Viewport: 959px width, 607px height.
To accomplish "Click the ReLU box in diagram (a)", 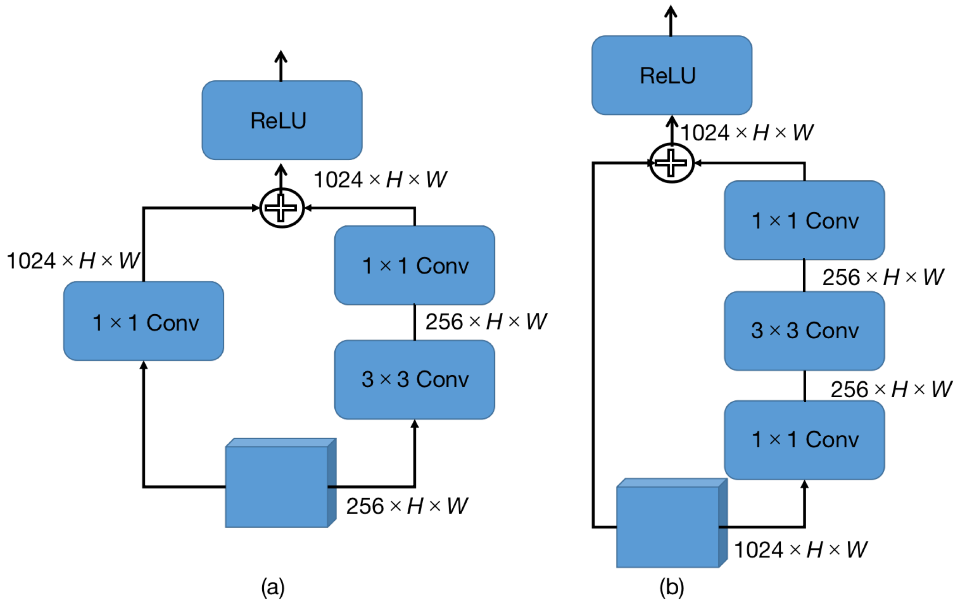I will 282,120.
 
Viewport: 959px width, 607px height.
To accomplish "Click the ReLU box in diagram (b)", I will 671,75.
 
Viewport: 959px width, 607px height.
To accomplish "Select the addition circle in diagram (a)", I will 282,208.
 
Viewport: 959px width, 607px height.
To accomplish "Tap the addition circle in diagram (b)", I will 671,163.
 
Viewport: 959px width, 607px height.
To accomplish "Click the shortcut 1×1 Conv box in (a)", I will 143,321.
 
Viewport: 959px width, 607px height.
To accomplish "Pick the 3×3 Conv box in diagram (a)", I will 414,380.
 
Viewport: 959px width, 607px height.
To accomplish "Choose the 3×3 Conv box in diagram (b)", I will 804,331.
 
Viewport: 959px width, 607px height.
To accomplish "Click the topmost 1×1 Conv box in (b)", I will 804,221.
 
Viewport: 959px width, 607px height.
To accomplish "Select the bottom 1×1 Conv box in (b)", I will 804,439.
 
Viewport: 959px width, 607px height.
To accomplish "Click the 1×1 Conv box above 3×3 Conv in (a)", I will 414,266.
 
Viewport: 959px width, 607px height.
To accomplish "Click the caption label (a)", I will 273,587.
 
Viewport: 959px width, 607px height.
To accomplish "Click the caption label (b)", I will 671,587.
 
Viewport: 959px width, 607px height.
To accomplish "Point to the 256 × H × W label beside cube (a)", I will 406,506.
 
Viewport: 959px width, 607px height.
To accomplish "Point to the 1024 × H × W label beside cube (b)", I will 800,550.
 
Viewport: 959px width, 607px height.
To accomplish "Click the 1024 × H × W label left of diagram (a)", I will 73,261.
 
